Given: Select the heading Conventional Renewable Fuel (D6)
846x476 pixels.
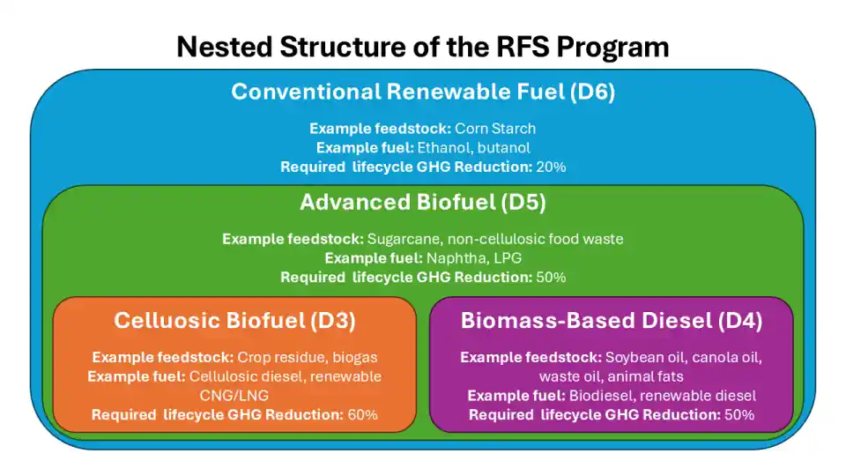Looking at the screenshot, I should tap(423, 92).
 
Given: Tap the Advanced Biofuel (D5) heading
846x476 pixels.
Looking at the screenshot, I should tap(423, 203).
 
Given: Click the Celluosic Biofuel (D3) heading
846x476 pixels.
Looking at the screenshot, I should tap(234, 321).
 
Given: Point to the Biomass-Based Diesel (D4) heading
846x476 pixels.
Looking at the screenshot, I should tap(612, 321).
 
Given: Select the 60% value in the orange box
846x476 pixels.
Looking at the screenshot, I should tap(361, 414).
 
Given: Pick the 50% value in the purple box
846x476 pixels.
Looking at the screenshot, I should tap(738, 414).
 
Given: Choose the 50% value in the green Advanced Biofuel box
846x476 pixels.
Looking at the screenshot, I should tap(550, 277).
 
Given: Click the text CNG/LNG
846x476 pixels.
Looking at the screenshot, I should tap(234, 396).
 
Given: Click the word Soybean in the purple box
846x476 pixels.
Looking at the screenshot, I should tap(633, 358).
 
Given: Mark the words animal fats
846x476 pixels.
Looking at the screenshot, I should tap(660, 376).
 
